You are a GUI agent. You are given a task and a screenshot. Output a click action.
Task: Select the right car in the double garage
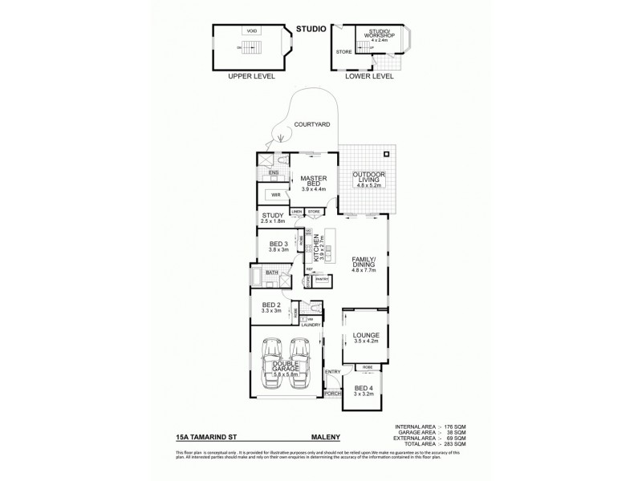coord(299,362)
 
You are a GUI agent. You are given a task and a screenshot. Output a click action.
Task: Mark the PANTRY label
coord(322,280)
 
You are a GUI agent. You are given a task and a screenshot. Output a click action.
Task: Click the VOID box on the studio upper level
coord(251,30)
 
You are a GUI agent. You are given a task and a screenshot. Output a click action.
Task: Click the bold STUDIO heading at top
coord(309,29)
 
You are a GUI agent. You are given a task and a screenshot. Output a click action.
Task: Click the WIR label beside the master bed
coord(275,194)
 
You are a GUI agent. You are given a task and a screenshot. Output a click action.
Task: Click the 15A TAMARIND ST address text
coord(205,439)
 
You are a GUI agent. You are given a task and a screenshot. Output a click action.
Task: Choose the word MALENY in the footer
coord(327,439)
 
